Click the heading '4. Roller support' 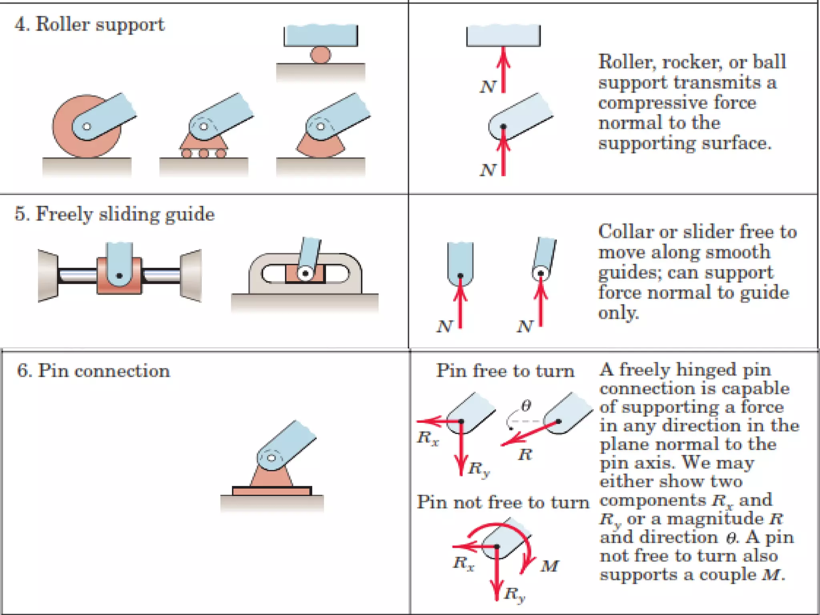click(89, 24)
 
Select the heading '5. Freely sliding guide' click(115, 214)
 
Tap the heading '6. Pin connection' click(93, 371)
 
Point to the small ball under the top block click(321, 55)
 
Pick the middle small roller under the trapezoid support click(204, 153)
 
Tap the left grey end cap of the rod click(48, 275)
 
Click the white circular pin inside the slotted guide click(305, 273)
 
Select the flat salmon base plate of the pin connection click(272, 491)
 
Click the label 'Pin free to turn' click(505, 371)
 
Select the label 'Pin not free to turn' click(503, 502)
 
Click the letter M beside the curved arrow click(550, 566)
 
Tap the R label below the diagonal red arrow click(525, 454)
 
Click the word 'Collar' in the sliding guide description click(625, 232)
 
